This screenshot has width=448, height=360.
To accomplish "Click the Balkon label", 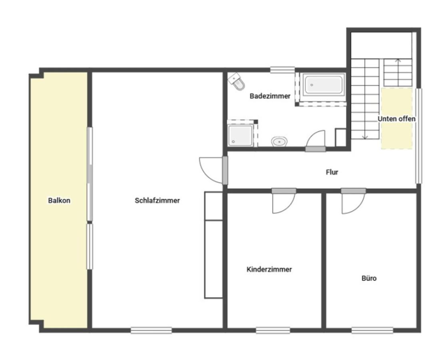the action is tap(59, 200).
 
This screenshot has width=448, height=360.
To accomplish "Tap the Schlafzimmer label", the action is tap(157, 200).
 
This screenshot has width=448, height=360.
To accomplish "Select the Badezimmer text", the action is tap(270, 96).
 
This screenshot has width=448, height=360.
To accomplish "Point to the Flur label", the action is tap(332, 172).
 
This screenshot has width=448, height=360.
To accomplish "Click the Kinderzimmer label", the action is tap(269, 269).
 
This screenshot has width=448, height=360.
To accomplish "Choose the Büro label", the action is tap(369, 278).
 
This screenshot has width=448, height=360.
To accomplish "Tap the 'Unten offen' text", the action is tap(396, 119).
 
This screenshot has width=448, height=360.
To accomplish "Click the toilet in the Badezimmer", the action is tap(237, 81).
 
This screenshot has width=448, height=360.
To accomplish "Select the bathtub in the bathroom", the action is tap(324, 85).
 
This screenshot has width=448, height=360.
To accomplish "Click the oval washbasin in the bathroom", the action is tap(279, 142).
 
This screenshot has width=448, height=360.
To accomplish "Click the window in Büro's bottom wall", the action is tap(372, 330).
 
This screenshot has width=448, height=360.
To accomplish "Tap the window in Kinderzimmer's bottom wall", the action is tap(273, 330).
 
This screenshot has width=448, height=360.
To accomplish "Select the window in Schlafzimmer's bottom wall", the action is tap(151, 330).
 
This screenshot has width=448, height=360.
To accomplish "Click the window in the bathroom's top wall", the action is tap(283, 70).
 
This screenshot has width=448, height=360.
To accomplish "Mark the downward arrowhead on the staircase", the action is tap(365, 138).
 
